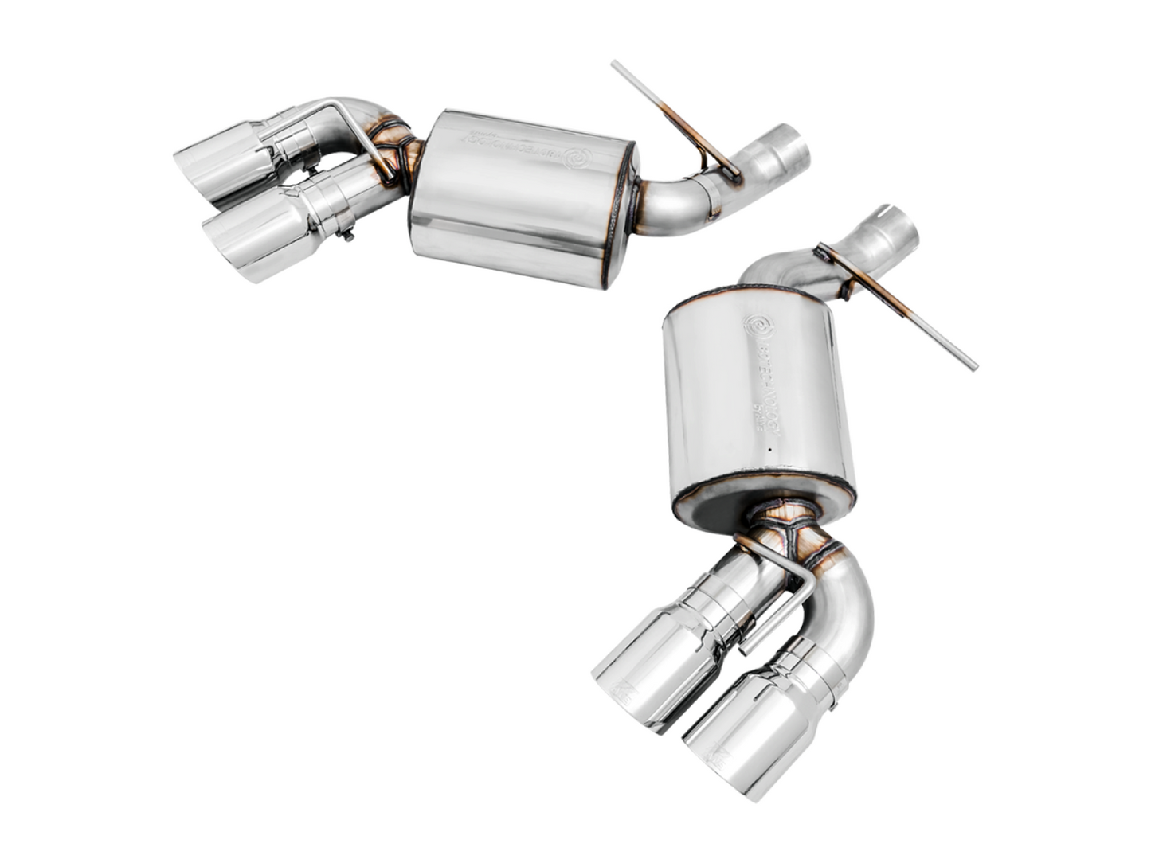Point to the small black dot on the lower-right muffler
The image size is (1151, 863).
(x=770, y=452)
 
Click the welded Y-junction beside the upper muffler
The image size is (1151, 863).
(x=391, y=151)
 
